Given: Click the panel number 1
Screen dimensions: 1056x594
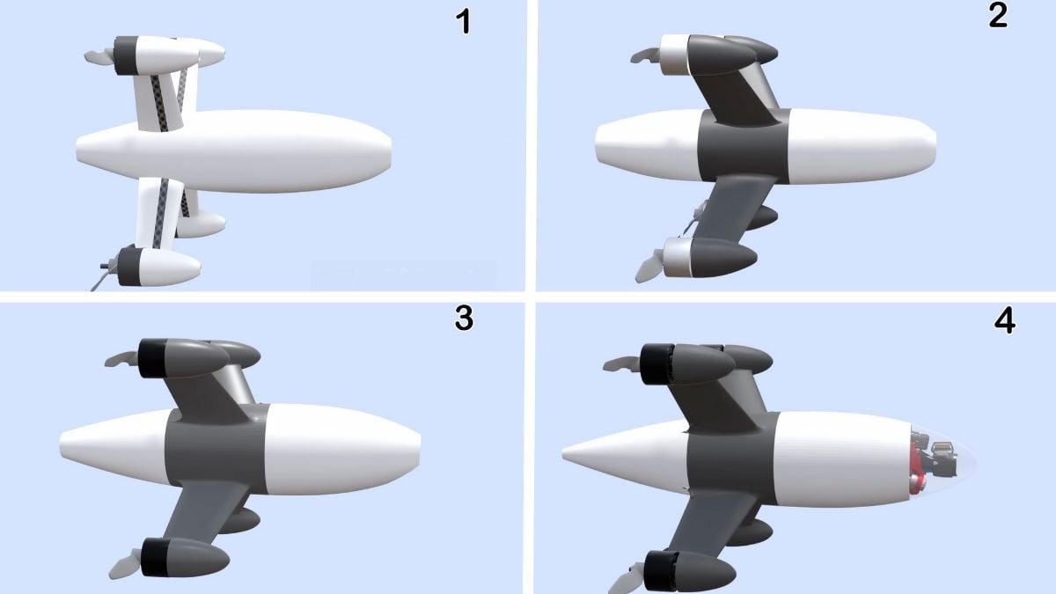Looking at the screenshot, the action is pos(465,22).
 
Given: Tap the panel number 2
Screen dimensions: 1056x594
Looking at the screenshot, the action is pos(997,16).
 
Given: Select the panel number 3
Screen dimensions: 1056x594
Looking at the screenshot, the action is pos(464,319).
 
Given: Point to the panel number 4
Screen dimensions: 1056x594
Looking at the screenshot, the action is pos(1004,321).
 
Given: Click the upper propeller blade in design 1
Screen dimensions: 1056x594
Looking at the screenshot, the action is pos(99,56).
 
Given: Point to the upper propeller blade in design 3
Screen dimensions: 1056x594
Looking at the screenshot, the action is pos(121,359).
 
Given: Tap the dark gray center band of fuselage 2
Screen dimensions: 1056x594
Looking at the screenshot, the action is pos(743,146).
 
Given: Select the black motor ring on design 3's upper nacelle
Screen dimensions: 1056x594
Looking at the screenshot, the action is pos(150,358).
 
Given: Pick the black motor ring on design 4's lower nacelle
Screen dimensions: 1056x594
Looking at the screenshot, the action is pos(660,571).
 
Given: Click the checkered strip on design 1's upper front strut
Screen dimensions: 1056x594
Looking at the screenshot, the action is pos(158,103).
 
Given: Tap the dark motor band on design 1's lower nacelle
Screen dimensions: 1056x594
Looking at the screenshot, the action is pos(128,267).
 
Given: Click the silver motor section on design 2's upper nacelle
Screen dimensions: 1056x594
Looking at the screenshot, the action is pos(675,55).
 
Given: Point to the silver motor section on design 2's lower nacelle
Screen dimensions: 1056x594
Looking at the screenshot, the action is pos(677,257).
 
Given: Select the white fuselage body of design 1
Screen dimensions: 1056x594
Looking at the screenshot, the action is pos(233,150).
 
